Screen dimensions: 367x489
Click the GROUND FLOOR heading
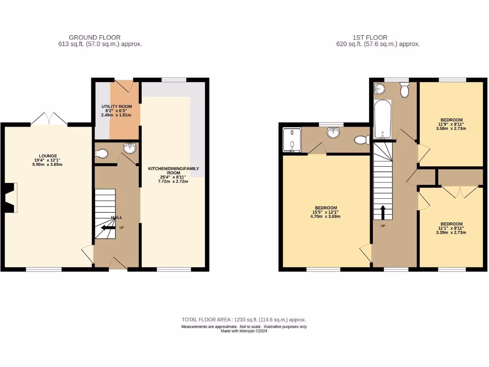point(95,37)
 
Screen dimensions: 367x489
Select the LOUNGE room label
point(48,155)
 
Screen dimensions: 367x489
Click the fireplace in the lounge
point(11,197)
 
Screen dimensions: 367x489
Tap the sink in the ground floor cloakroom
point(129,149)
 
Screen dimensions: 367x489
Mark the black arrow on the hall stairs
point(108,227)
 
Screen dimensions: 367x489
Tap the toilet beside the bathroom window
point(405,90)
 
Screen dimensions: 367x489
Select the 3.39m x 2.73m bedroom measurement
point(451,233)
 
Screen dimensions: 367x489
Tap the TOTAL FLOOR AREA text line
point(244,320)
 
